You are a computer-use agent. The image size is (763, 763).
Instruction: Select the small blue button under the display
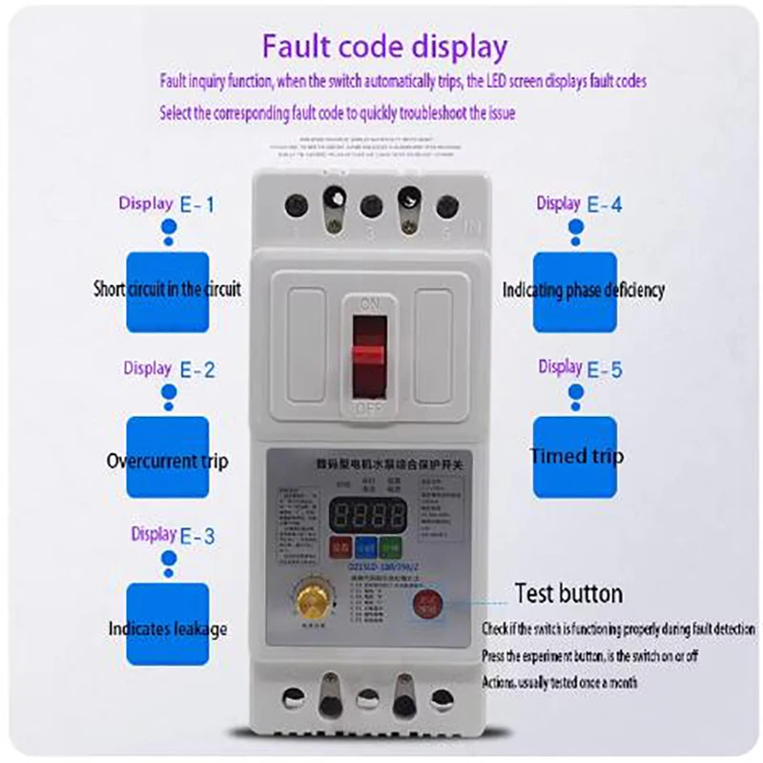pyautogui.click(x=366, y=548)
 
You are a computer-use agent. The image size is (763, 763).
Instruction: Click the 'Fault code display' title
pyautogui.click(x=384, y=48)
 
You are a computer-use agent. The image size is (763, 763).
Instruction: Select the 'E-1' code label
pyautogui.click(x=197, y=203)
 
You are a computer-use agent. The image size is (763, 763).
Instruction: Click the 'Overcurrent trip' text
pyautogui.click(x=168, y=462)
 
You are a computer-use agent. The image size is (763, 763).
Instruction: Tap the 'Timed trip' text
pyautogui.click(x=577, y=456)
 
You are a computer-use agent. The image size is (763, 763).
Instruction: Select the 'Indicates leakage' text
pyautogui.click(x=168, y=629)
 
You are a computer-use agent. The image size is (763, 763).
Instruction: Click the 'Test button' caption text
pyautogui.click(x=568, y=593)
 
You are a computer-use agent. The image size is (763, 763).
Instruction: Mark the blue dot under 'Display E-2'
pyautogui.click(x=168, y=393)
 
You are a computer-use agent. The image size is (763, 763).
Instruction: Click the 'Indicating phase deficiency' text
pyautogui.click(x=583, y=289)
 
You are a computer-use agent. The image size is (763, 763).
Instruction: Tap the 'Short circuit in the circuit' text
pyautogui.click(x=168, y=288)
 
